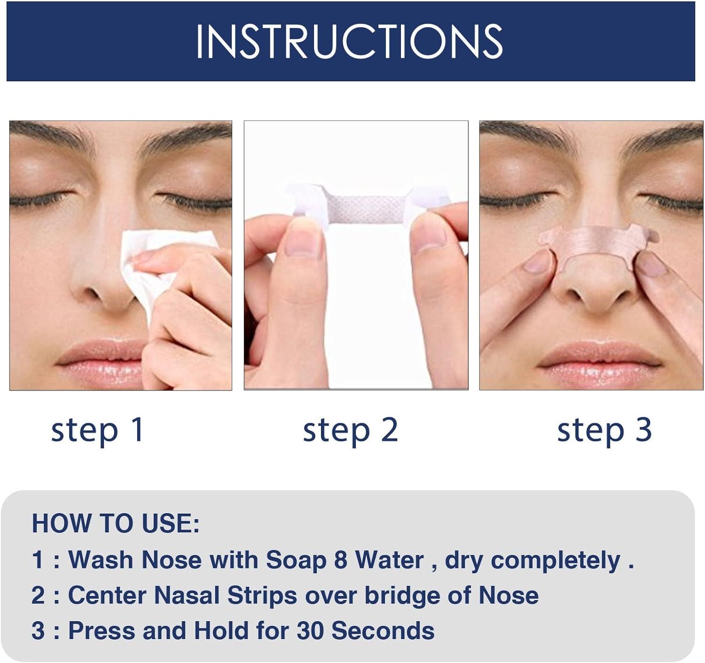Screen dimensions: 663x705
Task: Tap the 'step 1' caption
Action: (97, 430)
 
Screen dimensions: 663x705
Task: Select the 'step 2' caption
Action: (351, 430)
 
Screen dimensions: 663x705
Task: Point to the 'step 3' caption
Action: (604, 430)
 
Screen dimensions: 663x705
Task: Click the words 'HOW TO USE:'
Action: (116, 523)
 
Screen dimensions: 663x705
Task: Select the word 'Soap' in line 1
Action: (296, 560)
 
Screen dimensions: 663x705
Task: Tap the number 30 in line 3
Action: (310, 631)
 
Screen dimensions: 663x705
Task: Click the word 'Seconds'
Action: (383, 631)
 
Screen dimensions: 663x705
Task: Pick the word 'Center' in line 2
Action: (107, 595)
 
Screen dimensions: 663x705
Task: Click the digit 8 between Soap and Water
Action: (340, 560)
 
